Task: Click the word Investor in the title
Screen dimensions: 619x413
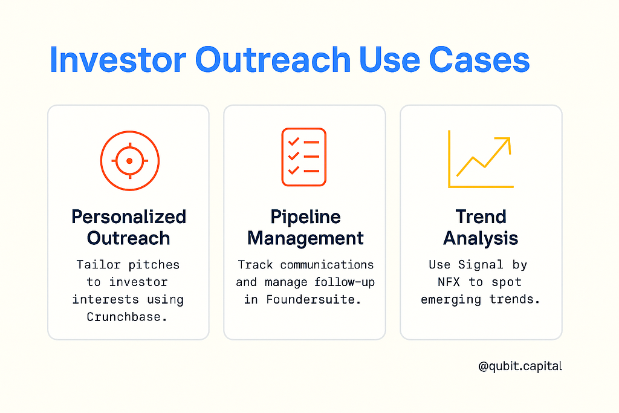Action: point(118,60)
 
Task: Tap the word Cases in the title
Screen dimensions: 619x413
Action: point(479,60)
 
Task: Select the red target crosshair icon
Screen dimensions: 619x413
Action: point(130,161)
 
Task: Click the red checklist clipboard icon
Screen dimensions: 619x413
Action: point(303,157)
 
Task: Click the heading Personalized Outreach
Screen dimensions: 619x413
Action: point(129,227)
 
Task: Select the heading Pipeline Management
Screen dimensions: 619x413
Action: point(305,227)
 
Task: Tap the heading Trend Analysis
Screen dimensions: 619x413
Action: point(481,227)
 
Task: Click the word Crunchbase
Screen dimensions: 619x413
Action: point(127,317)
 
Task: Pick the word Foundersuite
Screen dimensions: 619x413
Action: point(314,299)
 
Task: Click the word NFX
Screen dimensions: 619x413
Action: point(449,282)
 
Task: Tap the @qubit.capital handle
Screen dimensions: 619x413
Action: point(520,366)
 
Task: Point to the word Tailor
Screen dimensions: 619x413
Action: point(99,264)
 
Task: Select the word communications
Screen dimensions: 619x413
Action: point(327,264)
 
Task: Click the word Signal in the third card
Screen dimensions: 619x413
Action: point(481,264)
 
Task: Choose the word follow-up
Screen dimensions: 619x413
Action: point(344,282)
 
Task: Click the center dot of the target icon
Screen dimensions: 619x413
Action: point(129,161)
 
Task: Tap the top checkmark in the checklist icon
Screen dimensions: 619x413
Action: point(294,141)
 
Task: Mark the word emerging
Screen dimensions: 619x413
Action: point(451,300)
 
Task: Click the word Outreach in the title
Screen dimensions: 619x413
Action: point(273,60)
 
